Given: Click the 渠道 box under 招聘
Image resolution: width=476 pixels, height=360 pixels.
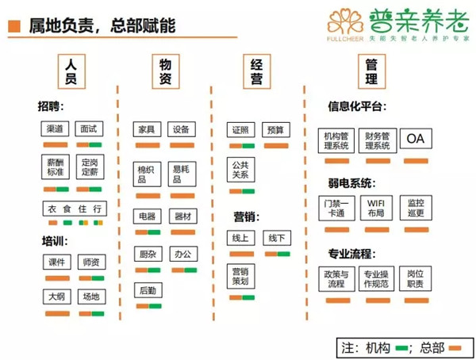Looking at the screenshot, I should (55, 129).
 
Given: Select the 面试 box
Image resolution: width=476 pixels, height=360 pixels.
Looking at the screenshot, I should (88, 129).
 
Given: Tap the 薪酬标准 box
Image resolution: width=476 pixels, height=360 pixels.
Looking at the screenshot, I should (55, 167).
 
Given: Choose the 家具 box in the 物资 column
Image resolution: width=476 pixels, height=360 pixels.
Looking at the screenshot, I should (146, 129).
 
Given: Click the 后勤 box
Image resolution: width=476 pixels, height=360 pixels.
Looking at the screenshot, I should (147, 290).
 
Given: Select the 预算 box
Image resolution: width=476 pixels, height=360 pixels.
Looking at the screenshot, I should (275, 129).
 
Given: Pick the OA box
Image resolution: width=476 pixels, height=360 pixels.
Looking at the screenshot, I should (416, 139).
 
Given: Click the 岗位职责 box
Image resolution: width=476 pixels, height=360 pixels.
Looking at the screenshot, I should (416, 278).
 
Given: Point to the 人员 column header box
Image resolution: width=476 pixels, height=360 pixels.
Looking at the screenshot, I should (71, 71).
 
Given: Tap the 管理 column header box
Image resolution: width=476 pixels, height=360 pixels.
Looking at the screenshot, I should (371, 71).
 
